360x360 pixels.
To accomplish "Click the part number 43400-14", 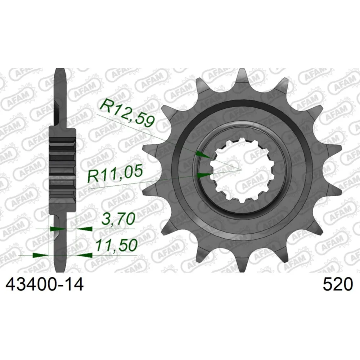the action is [x=45, y=284].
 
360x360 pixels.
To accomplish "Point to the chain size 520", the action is [x=338, y=284].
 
